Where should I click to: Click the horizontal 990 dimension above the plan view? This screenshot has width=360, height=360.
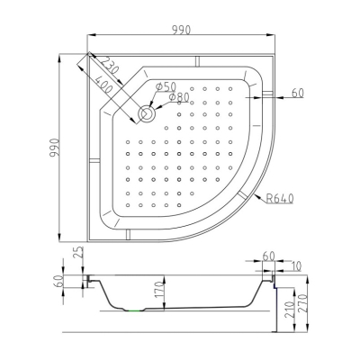click(x=182, y=30)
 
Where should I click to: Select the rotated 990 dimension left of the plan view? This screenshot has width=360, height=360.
click(x=55, y=148)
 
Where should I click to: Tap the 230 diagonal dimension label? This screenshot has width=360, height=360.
click(x=109, y=66)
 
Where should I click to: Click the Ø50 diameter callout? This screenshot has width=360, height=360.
click(x=166, y=87)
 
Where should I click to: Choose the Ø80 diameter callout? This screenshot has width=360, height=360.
click(x=179, y=97)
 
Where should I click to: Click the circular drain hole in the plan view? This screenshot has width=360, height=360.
click(x=147, y=113)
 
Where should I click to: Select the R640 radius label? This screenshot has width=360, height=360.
click(x=280, y=198)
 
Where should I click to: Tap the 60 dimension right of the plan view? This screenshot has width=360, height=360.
click(x=297, y=94)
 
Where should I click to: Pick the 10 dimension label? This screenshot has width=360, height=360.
click(x=296, y=266)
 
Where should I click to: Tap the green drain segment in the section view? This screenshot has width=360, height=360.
click(x=135, y=311)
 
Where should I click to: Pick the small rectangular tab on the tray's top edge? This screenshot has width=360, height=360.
click(x=197, y=61)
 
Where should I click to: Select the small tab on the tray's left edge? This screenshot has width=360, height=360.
click(x=94, y=159)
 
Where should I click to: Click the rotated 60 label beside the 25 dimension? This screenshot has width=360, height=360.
click(x=58, y=281)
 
